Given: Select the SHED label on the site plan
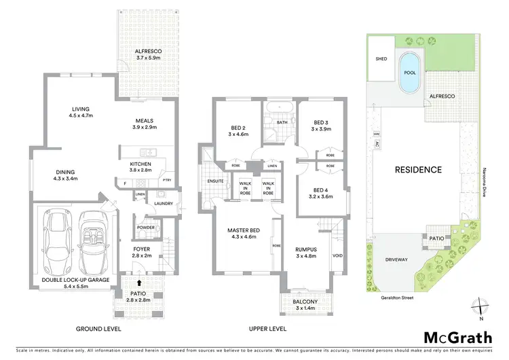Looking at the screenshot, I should [381, 59].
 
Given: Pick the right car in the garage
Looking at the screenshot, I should [92, 241].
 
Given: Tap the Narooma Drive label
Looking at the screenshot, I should [486, 182].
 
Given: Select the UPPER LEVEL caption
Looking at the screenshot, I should [267, 329].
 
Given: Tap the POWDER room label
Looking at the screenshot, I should [145, 228].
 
